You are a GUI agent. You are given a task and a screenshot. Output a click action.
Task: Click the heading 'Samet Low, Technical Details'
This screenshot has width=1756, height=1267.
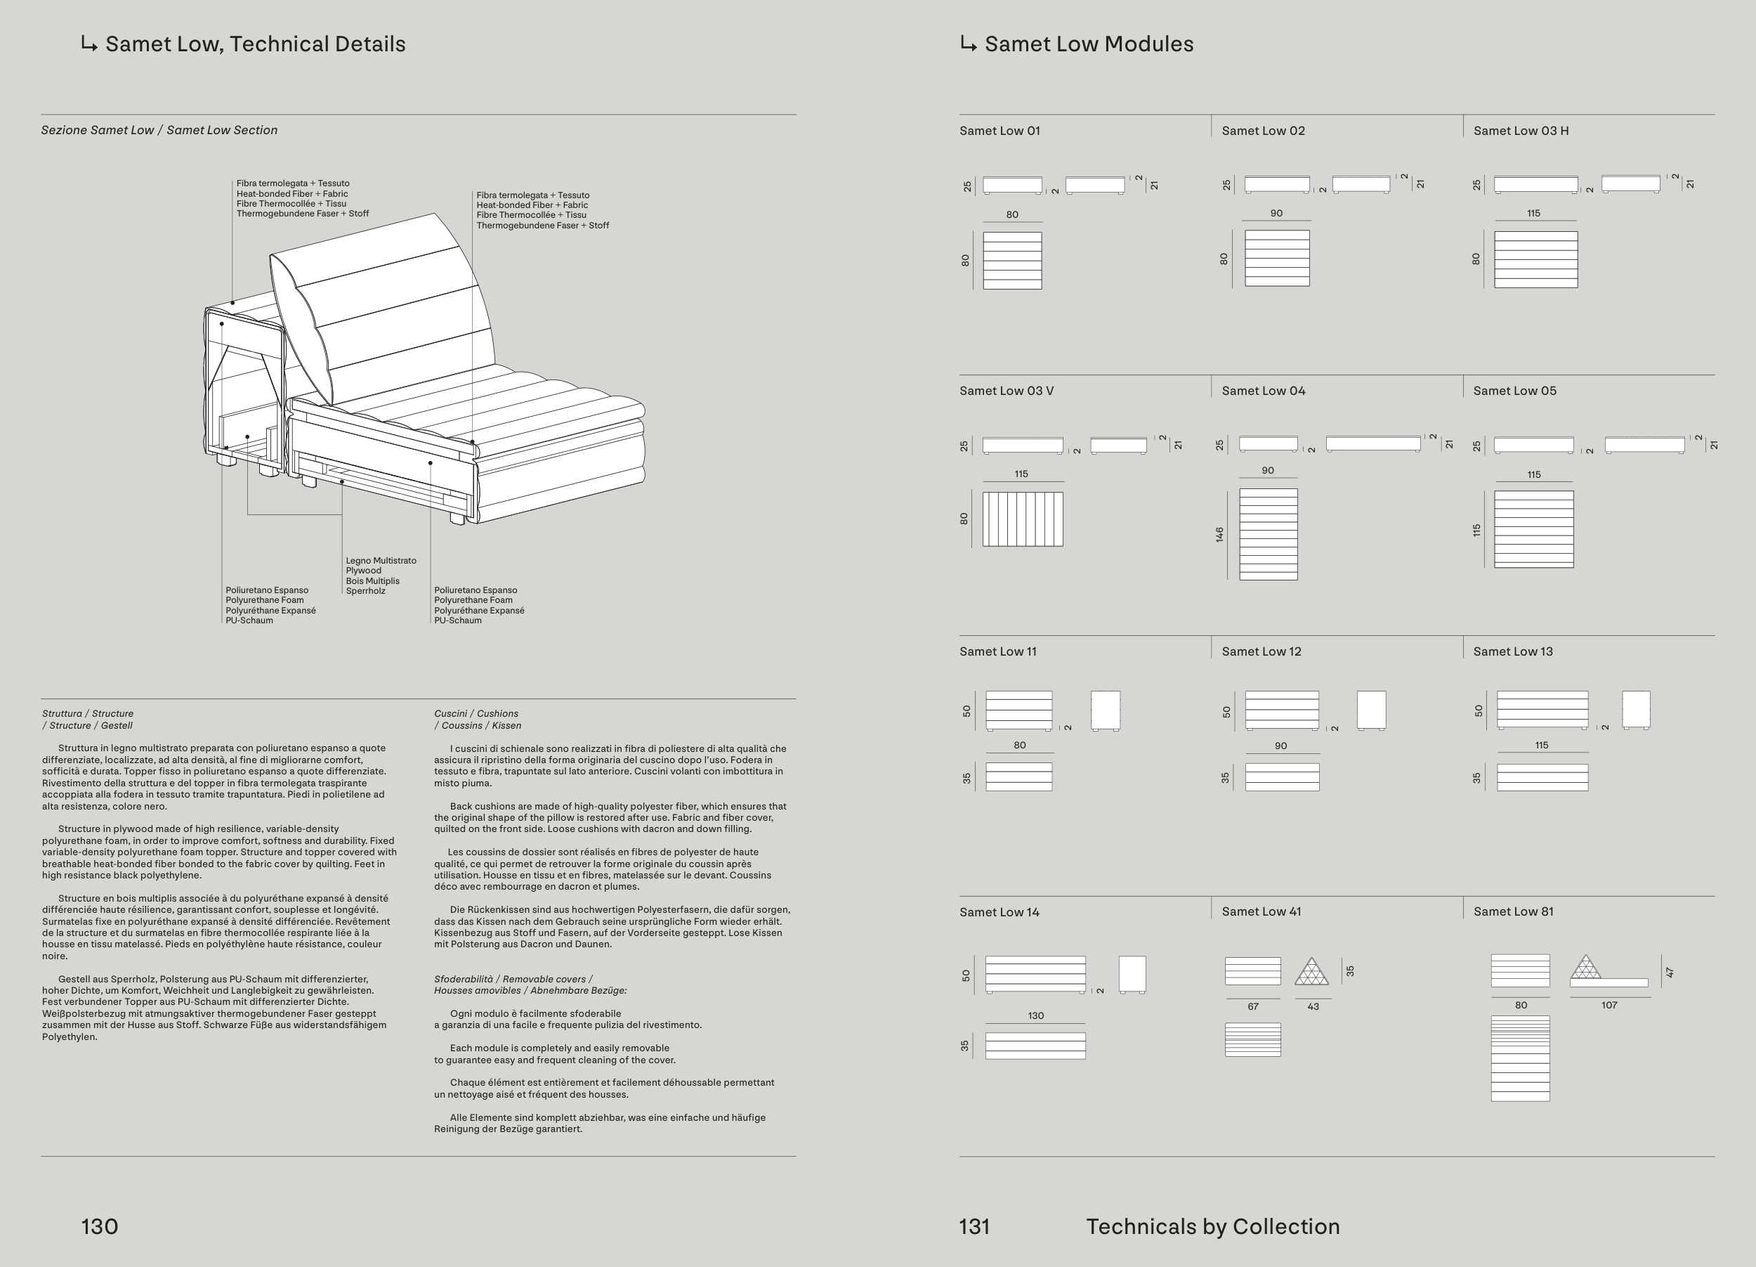[x=255, y=44]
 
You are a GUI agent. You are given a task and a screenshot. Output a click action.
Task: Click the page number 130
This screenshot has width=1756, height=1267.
[x=100, y=1226]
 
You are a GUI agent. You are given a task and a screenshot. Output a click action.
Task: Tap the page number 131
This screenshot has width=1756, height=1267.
[x=974, y=1226]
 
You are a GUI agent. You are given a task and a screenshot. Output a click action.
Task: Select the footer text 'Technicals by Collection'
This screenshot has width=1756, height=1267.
[x=1212, y=1226]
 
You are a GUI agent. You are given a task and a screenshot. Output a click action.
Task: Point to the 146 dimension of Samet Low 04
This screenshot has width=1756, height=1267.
[x=1219, y=533]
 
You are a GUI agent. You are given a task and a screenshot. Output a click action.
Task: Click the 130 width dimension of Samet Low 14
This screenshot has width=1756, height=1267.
[x=1035, y=1015]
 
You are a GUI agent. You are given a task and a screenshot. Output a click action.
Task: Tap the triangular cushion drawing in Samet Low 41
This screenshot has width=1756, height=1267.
[x=1311, y=972]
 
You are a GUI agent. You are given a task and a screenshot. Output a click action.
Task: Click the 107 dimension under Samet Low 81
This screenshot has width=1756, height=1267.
[x=1609, y=1005]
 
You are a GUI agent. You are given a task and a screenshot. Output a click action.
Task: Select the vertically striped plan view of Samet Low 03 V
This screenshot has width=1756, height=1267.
[x=1022, y=519]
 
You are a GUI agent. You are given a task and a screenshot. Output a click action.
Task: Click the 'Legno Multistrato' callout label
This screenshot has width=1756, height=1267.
[x=381, y=561]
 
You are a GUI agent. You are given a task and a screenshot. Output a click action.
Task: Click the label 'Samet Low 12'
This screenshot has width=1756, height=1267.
[x=1262, y=651]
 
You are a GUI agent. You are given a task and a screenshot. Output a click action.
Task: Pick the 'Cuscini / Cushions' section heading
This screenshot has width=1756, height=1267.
[x=476, y=713]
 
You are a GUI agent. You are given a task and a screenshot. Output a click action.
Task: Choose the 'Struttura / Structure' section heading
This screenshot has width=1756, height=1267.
[x=88, y=713]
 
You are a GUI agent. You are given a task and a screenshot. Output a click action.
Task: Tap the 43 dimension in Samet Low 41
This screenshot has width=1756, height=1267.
[x=1312, y=1007]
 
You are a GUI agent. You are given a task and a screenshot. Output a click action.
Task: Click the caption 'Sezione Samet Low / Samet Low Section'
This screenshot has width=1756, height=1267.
[x=159, y=130]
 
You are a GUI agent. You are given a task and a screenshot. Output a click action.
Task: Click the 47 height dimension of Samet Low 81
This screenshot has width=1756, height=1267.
[x=1670, y=972]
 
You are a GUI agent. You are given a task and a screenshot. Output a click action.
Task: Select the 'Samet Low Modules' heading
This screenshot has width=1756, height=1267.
[x=1089, y=44]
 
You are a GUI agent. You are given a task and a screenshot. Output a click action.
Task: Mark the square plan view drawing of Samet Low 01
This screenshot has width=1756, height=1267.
[x=1012, y=260]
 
